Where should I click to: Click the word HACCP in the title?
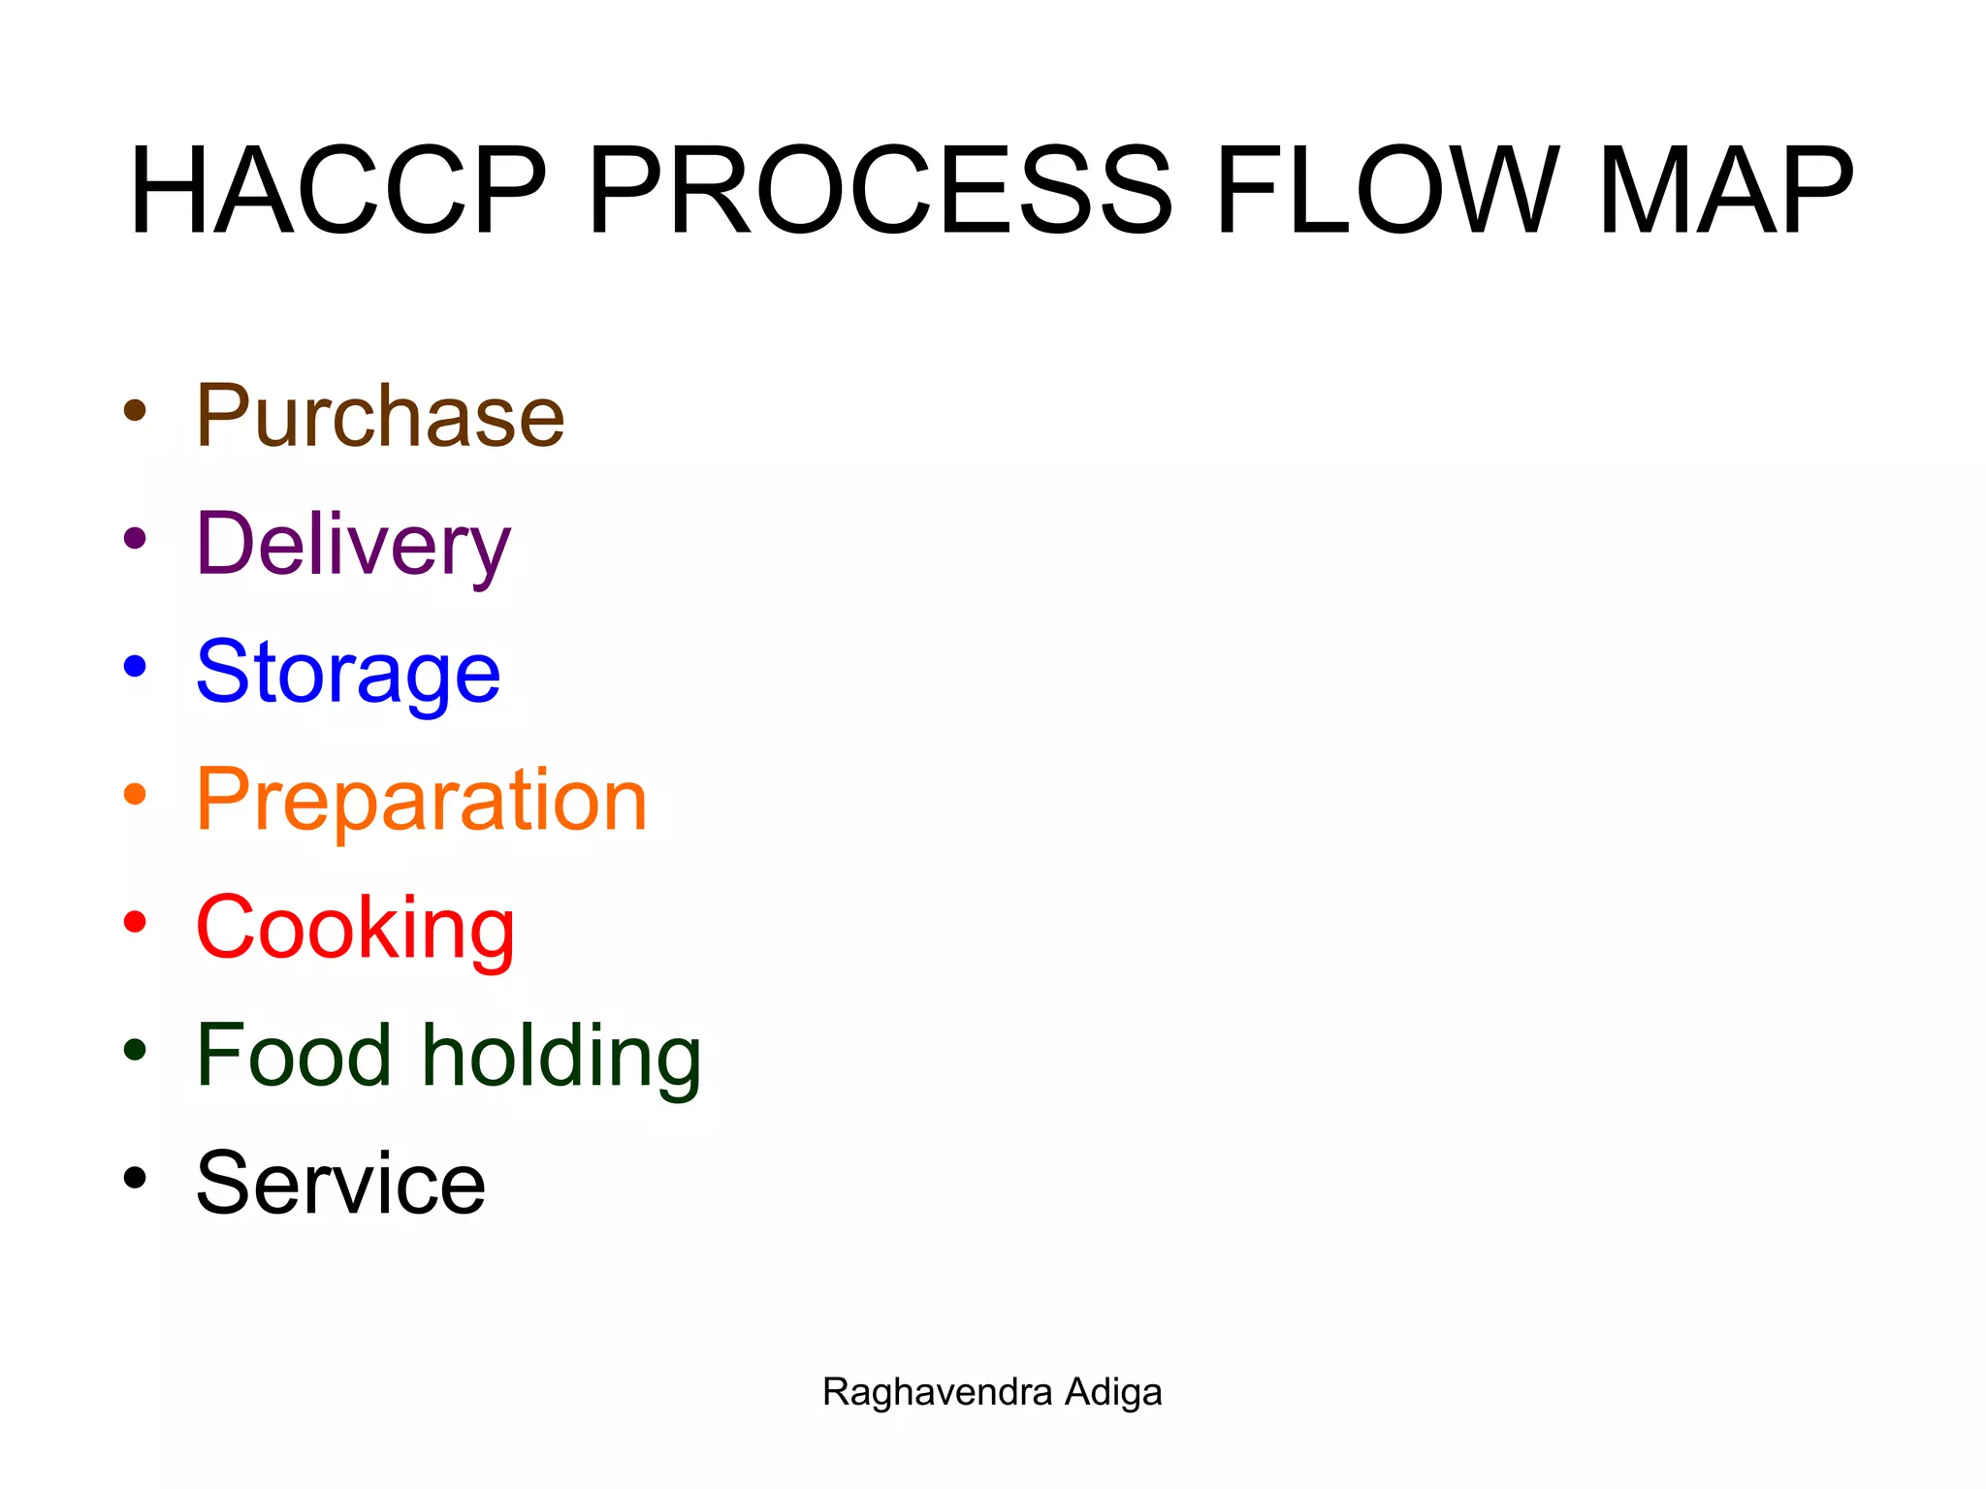coord(338,190)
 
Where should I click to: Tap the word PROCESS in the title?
coord(880,190)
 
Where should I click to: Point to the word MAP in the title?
coord(1725,190)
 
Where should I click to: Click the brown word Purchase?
coord(380,417)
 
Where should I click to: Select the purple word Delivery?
coord(353,545)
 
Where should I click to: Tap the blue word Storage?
coord(348,673)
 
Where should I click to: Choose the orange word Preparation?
coord(421,801)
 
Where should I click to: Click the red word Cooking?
coord(355,929)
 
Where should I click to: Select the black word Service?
coord(340,1184)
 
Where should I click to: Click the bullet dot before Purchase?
coord(136,410)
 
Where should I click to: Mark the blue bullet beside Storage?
coord(136,666)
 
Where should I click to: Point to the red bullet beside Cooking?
coord(136,922)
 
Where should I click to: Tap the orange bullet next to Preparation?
coord(136,794)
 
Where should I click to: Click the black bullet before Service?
coord(136,1178)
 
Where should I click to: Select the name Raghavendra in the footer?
coord(937,1393)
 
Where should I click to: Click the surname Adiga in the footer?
coord(1113,1393)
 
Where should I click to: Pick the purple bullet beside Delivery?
coord(136,538)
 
